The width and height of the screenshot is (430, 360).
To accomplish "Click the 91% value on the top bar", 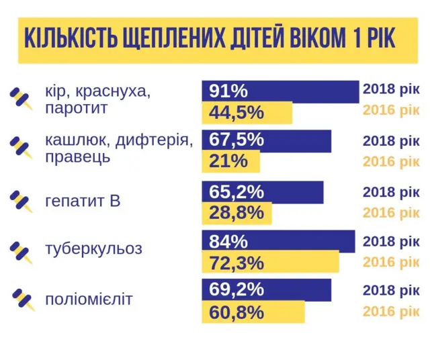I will tap(228, 91).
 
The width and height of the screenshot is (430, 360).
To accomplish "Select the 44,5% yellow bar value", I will tap(236, 112).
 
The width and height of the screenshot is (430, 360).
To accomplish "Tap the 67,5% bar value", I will tap(236, 141).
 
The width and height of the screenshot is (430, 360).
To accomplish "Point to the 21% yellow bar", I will tap(228, 162).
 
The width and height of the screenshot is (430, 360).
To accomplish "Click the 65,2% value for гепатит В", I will tap(236, 192).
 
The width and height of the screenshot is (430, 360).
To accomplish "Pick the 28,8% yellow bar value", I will tap(236, 213).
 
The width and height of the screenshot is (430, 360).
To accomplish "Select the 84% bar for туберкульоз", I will tap(228, 241).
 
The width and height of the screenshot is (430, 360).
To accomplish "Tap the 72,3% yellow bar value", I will tap(236, 263).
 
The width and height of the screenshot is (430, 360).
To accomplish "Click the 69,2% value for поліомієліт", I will tap(236, 290).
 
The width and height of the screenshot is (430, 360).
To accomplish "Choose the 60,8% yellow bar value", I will tap(236, 312).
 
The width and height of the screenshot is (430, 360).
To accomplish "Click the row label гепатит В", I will tap(83, 200).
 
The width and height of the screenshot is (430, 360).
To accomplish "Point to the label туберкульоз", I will tap(93, 249).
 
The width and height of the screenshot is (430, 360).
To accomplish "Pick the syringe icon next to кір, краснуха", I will tap(21, 99).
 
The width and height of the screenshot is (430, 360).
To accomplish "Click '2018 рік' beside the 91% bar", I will tap(391, 89).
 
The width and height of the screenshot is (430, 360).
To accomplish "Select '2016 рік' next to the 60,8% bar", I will tap(391, 312).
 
